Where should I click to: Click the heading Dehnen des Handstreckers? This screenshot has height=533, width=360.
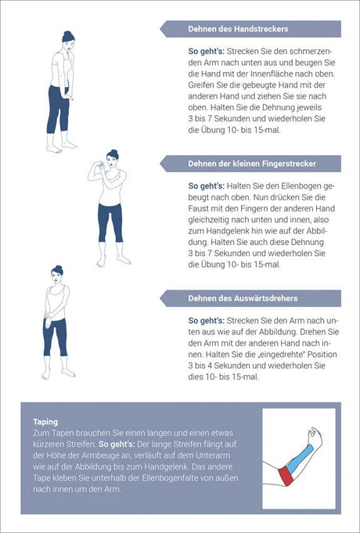pyautogui.click(x=238, y=29)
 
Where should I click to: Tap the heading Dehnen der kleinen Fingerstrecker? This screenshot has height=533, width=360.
pyautogui.click(x=252, y=164)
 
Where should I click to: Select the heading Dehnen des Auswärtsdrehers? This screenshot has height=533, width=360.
pyautogui.click(x=243, y=298)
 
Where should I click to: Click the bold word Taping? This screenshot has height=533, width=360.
pyautogui.click(x=45, y=422)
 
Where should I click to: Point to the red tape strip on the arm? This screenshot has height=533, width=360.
pyautogui.click(x=286, y=476)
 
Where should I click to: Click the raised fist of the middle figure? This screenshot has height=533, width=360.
pyautogui.click(x=101, y=165)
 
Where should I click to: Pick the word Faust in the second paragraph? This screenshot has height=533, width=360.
pyautogui.click(x=197, y=208)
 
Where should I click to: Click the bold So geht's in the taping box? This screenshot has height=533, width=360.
pyautogui.click(x=117, y=445)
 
